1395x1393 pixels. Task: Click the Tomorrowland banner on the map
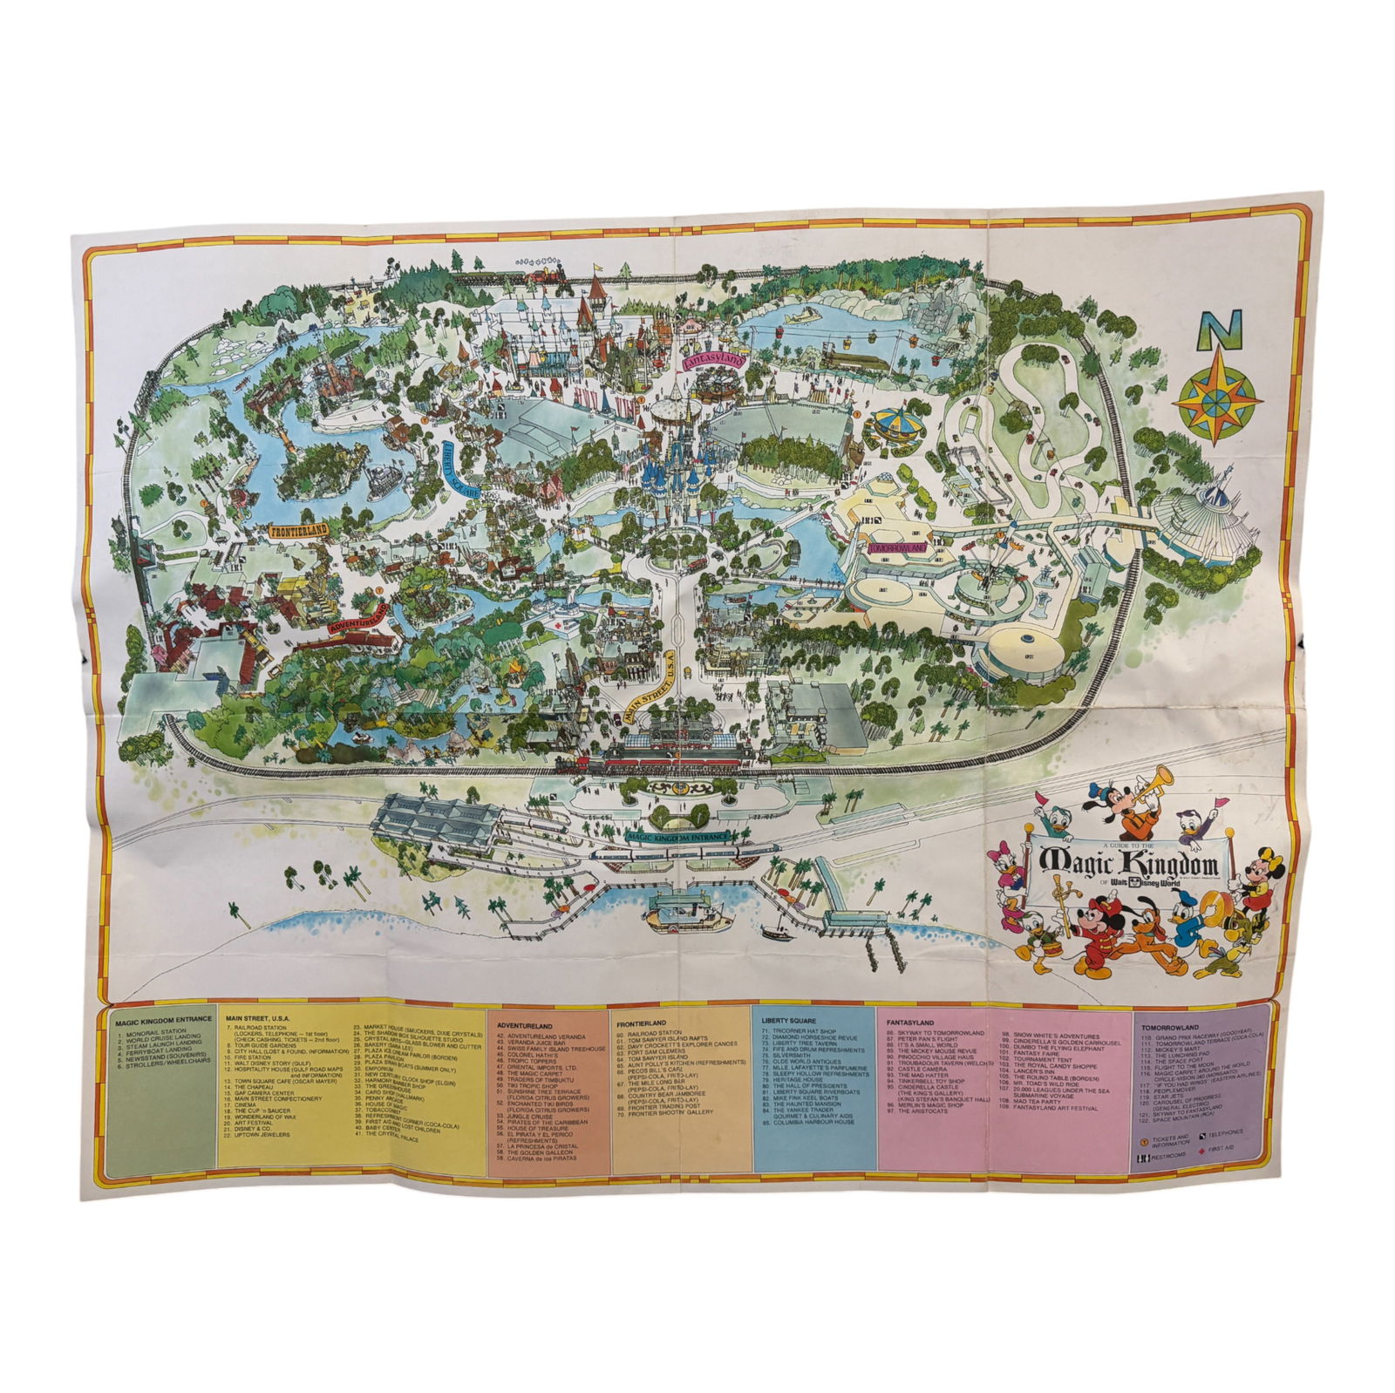point(895,547)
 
